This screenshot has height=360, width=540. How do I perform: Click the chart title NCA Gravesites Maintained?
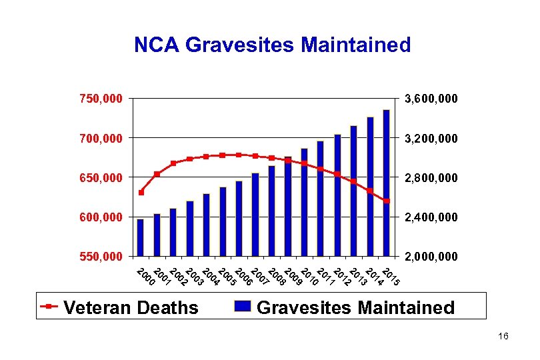272,45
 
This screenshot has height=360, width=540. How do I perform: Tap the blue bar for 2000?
140,237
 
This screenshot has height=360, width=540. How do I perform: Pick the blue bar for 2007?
255,214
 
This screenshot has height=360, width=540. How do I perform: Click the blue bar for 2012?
337,195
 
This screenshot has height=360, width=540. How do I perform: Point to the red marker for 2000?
141,193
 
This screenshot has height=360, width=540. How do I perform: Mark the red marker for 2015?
386,201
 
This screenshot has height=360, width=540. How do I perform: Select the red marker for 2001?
157,174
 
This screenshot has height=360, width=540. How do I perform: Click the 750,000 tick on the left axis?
101,99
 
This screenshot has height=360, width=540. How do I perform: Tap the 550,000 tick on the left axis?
101,256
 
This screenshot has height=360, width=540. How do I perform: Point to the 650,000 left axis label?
101,178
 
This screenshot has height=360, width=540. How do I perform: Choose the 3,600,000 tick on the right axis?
432,99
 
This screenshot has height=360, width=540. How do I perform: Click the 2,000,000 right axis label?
432,257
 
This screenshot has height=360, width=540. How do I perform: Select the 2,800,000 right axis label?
432,178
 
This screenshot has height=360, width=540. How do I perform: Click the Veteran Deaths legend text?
131,307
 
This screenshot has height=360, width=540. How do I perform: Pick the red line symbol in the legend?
50,307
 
